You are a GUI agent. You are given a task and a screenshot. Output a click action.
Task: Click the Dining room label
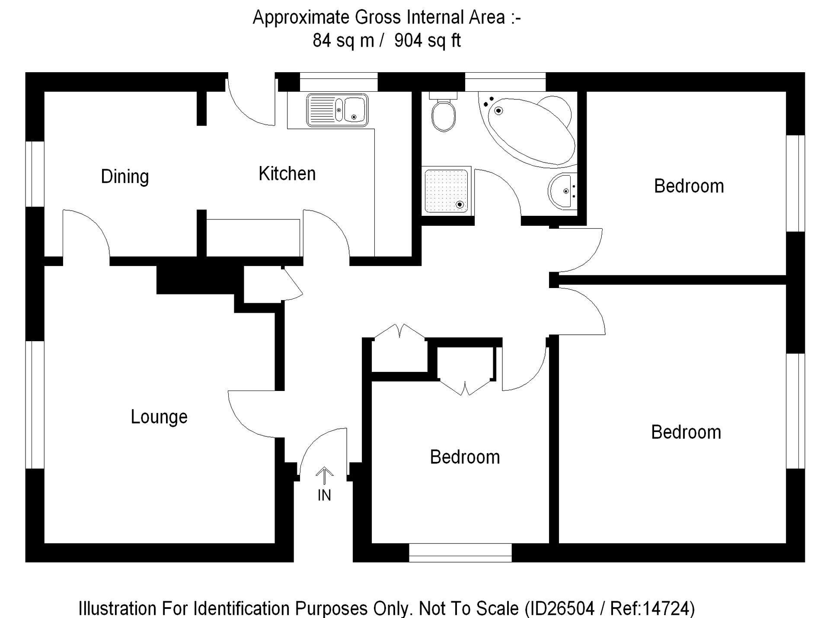click(x=125, y=176)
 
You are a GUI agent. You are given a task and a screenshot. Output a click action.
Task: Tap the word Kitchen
click(x=287, y=174)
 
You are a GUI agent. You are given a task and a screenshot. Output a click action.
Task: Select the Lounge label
click(x=159, y=417)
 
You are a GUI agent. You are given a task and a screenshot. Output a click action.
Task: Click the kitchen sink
click(x=337, y=110)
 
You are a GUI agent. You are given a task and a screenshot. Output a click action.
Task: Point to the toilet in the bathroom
click(x=444, y=113)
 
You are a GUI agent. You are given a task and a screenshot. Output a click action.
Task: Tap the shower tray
click(x=446, y=190)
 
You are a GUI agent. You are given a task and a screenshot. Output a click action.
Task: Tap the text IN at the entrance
click(x=324, y=496)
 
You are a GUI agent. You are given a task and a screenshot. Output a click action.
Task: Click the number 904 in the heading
click(x=408, y=41)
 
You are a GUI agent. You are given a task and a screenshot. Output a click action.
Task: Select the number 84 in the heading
click(x=322, y=41)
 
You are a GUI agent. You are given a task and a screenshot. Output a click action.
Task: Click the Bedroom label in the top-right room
click(x=689, y=186)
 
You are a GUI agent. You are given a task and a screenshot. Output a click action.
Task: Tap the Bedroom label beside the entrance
click(x=465, y=457)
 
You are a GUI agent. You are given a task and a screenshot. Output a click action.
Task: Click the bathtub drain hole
click(x=498, y=111)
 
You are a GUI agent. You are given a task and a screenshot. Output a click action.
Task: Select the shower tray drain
click(x=460, y=205)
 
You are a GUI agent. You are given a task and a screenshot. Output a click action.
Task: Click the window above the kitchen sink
click(x=338, y=82)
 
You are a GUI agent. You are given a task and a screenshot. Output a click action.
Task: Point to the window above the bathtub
click(x=505, y=82)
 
